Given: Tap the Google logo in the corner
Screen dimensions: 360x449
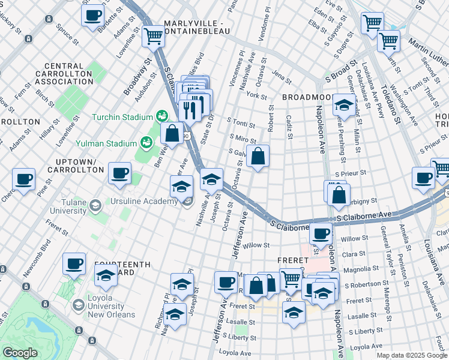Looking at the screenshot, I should tap(20, 353).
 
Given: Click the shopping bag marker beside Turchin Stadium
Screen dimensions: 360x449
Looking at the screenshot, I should tap(172, 133).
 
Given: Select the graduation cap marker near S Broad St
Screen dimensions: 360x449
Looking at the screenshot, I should tap(345, 104).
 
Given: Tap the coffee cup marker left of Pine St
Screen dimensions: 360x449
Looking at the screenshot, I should tap(24, 179).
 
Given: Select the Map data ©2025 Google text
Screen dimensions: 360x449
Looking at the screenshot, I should tap(412, 355).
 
